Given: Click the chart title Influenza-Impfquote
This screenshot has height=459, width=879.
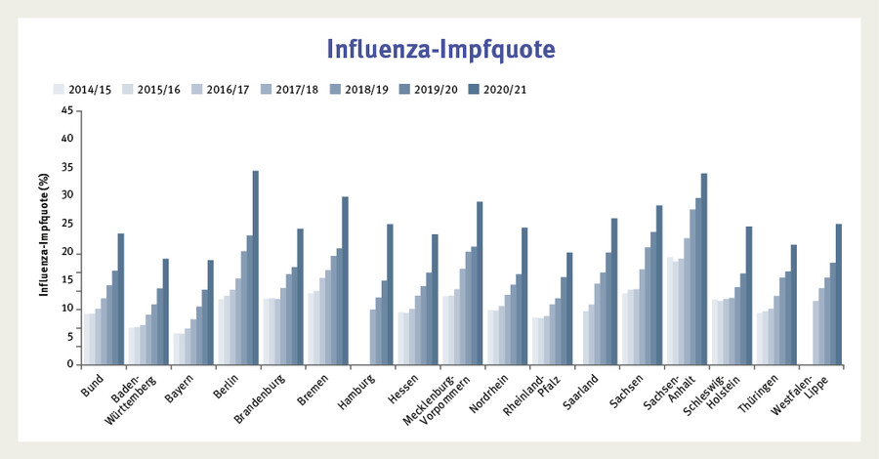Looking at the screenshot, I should tap(439, 49).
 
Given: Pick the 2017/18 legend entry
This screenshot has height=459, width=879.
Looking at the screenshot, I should tap(296, 89).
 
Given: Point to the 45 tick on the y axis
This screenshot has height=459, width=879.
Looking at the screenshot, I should tap(67, 110).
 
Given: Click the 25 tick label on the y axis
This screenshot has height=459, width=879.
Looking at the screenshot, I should tap(67, 224).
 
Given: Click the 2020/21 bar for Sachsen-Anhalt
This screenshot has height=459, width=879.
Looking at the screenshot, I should tap(703, 269).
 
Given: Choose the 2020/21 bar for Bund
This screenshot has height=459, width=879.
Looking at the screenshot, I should tap(121, 299).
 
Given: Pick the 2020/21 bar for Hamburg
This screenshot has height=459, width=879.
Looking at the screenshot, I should tap(390, 294).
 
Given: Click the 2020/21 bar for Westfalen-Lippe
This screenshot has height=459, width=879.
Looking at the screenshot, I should tap(838, 294).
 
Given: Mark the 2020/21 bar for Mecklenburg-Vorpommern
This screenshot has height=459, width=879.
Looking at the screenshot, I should tap(480, 283).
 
